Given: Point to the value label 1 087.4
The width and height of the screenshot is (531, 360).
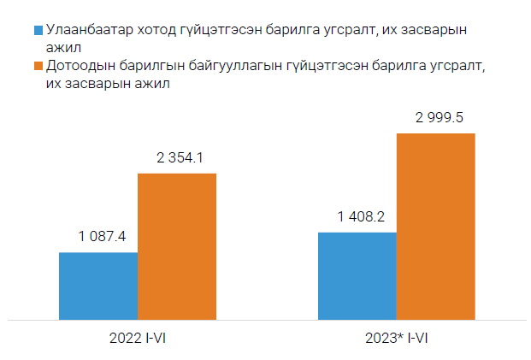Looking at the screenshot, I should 98,237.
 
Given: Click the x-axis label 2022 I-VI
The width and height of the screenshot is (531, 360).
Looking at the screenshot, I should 138,339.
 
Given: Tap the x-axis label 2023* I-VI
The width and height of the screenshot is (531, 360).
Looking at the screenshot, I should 397,339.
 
